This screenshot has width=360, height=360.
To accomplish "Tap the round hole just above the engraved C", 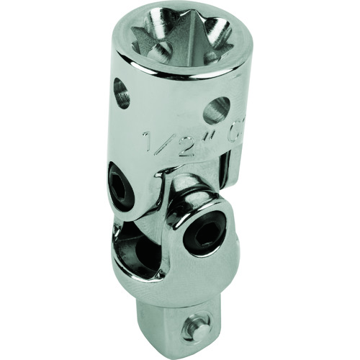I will [x=215, y=109].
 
